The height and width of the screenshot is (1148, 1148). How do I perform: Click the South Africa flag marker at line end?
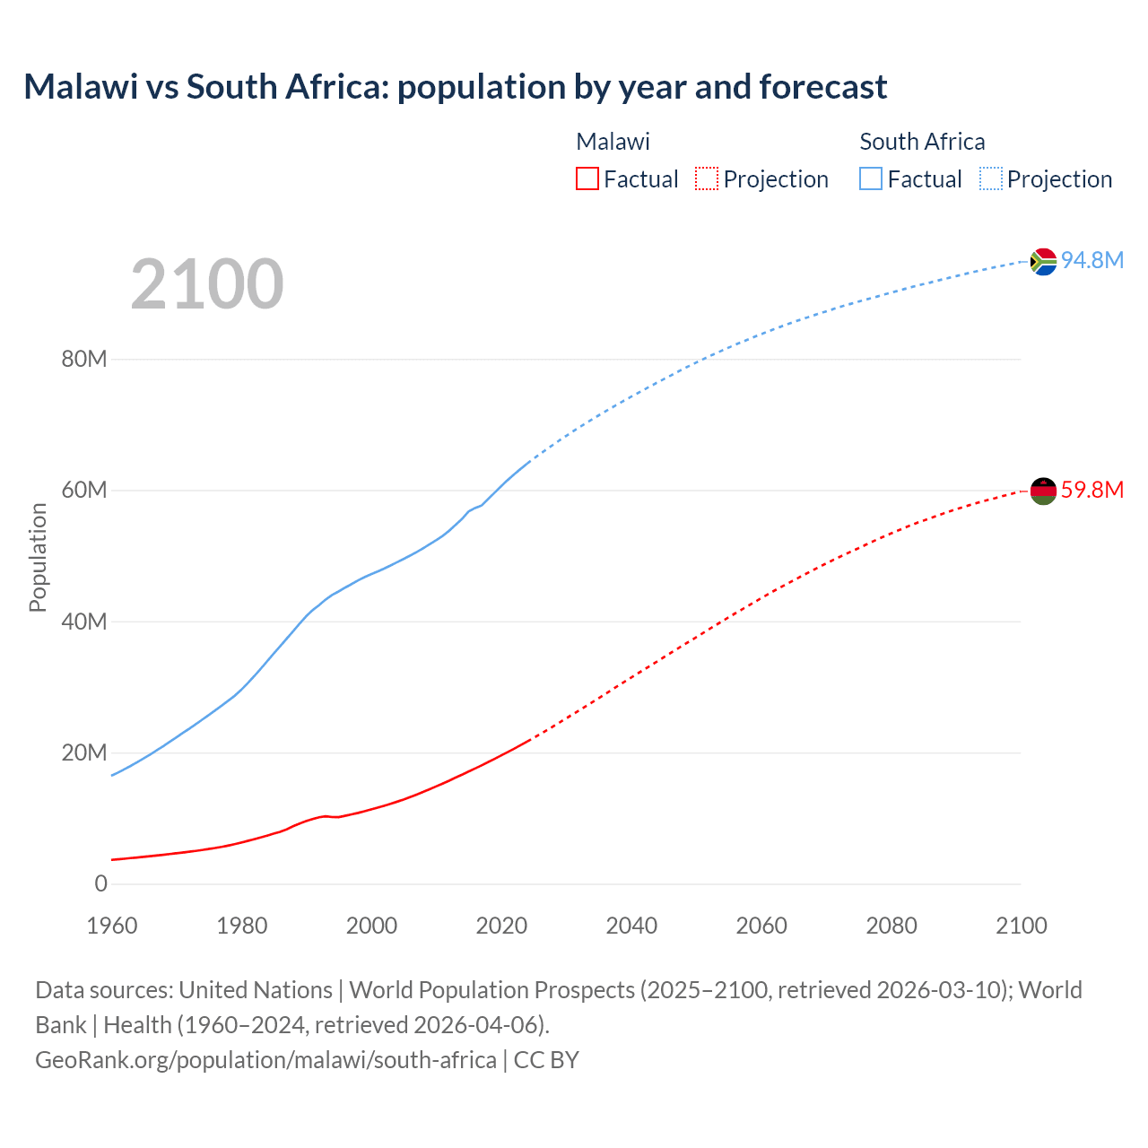pos(1043,261)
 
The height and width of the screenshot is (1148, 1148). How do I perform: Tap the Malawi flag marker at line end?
pos(1043,491)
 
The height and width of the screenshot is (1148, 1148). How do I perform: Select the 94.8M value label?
pos(1091,260)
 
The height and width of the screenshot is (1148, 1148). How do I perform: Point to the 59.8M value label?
pos(1091,490)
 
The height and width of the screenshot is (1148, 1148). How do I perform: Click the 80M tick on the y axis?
pos(84,360)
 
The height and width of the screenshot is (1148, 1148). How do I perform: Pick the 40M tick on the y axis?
pos(84,622)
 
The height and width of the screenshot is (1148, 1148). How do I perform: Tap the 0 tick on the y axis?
pos(100,883)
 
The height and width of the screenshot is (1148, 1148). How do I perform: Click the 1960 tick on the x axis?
pos(112,926)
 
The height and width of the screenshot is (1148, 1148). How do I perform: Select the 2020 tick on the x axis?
pos(501,926)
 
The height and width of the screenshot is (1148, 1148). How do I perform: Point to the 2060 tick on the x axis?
pos(761,926)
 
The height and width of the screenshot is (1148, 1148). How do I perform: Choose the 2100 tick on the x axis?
pos(1021,926)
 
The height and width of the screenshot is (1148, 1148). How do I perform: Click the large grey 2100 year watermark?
pos(207,284)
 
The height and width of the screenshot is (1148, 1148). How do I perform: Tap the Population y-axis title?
pos(38,557)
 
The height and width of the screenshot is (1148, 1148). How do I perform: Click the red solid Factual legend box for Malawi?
pos(587,178)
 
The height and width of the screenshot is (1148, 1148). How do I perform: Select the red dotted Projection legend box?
pos(707,178)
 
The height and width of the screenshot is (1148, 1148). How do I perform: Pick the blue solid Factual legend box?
pos(871,178)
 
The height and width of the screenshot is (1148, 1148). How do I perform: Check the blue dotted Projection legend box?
pos(990,178)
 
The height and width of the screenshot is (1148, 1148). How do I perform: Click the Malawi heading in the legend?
pos(613,142)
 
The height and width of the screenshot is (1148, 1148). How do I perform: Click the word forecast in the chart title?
pos(822,87)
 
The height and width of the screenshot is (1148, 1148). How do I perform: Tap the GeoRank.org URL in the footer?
pos(265,1059)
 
